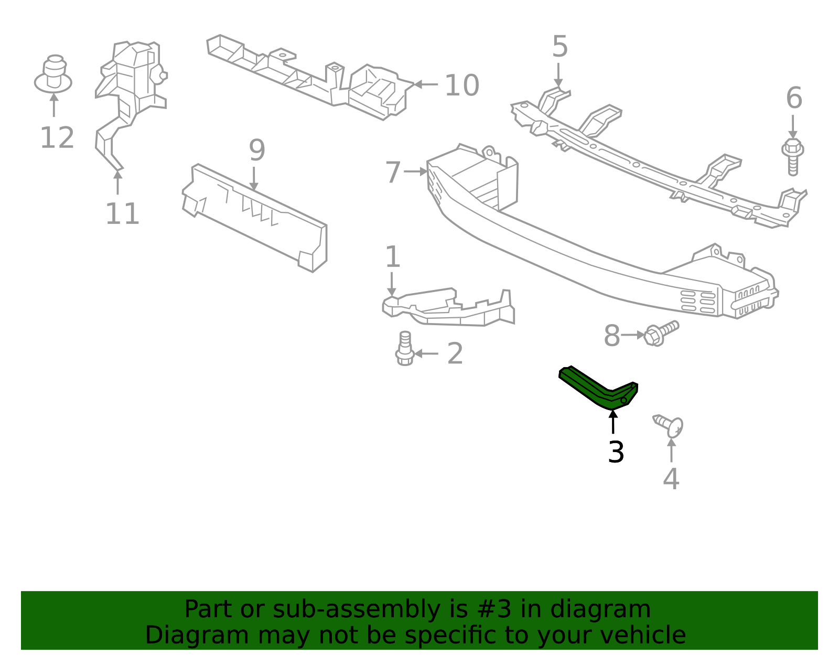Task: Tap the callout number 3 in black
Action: pyautogui.click(x=616, y=452)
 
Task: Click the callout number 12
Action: pyautogui.click(x=57, y=138)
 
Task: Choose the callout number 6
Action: pyautogui.click(x=794, y=99)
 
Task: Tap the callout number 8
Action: pyautogui.click(x=611, y=336)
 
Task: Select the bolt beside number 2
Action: pyautogui.click(x=405, y=348)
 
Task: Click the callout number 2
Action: pyautogui.click(x=455, y=354)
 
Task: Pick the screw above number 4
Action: pyautogui.click(x=669, y=425)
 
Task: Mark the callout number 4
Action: pyautogui.click(x=671, y=479)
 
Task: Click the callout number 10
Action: pyautogui.click(x=461, y=85)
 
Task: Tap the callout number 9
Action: pyautogui.click(x=256, y=151)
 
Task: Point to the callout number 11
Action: pyautogui.click(x=122, y=214)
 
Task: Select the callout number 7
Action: pyautogui.click(x=393, y=173)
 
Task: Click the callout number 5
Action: pyautogui.click(x=560, y=47)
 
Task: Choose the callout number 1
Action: pyautogui.click(x=392, y=257)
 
